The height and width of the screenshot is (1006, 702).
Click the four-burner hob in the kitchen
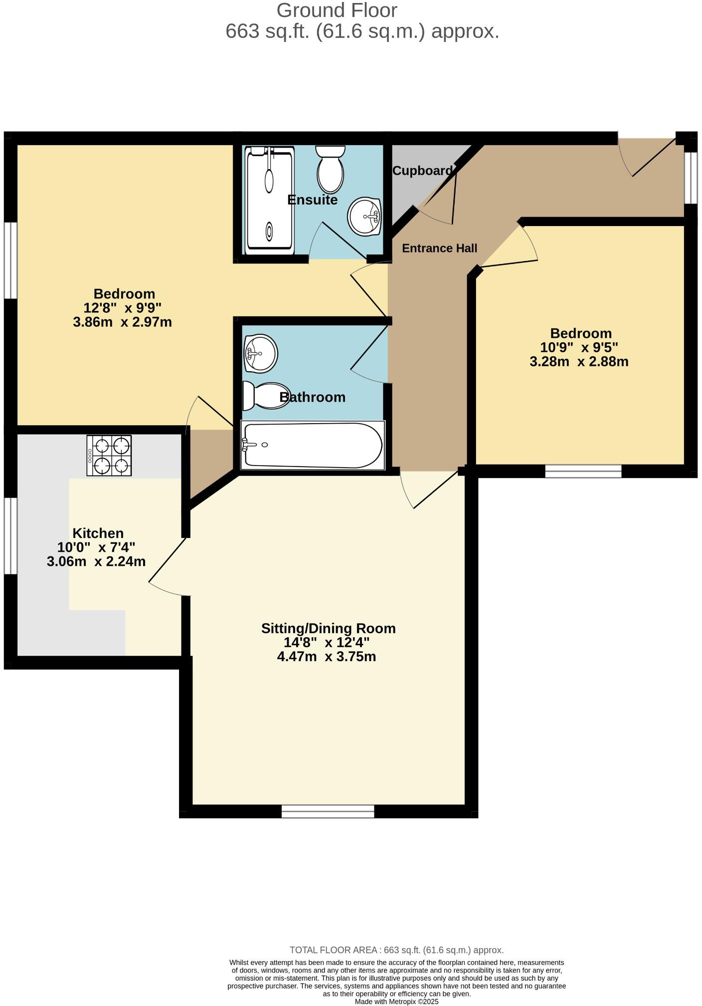pos(109,455)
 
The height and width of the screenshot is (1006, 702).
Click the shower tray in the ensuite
pos(269,200)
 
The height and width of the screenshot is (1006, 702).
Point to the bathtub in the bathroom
pos(313,445)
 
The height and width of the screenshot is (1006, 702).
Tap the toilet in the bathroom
pos(266,396)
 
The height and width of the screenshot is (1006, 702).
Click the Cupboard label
pos(422,171)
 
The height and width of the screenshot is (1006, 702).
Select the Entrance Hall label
pos(439,248)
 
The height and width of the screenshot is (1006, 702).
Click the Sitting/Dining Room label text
pos(328,628)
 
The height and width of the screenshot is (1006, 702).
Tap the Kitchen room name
pos(98,533)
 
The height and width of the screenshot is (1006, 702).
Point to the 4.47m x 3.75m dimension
pos(327,656)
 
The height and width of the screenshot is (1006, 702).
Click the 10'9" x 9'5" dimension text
pos(579,347)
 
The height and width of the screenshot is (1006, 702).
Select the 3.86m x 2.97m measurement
pos(122,322)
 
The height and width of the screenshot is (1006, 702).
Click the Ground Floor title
pos(337,10)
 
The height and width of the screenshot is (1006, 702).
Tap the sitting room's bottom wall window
pos(328,811)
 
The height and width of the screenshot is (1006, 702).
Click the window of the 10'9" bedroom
pos(583,471)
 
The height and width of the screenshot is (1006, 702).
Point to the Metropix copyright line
pos(396,1002)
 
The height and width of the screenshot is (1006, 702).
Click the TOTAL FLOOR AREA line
pos(396,950)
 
